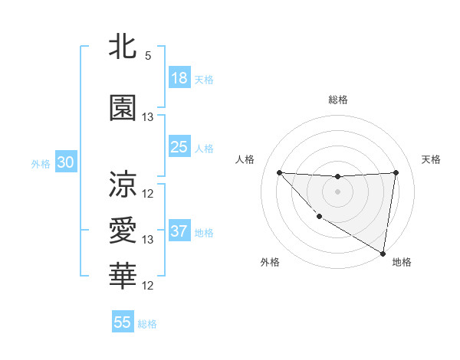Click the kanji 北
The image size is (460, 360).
coord(123,47)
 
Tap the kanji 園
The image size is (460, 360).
coord(123,107)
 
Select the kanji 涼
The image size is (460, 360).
coord(123,184)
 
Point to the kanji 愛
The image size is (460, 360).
coord(123,231)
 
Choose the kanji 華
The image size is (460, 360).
coord(123,277)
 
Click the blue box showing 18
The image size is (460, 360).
coord(179,78)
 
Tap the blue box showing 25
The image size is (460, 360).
coord(179,146)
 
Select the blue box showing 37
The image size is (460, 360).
coord(179,231)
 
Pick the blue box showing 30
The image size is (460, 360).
coord(65,162)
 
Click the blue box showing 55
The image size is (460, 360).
coord(123,322)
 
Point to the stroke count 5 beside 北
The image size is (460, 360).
coord(148,56)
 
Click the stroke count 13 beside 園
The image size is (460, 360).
coord(148,117)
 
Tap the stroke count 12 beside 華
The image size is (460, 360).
coord(148,286)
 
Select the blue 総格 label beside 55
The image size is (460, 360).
coord(147,324)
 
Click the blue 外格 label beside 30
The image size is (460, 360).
coord(41,163)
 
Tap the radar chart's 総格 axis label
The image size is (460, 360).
coord(337,100)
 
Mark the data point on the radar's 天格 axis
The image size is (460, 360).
coord(396,172)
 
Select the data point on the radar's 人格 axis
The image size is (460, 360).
coord(279,172)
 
